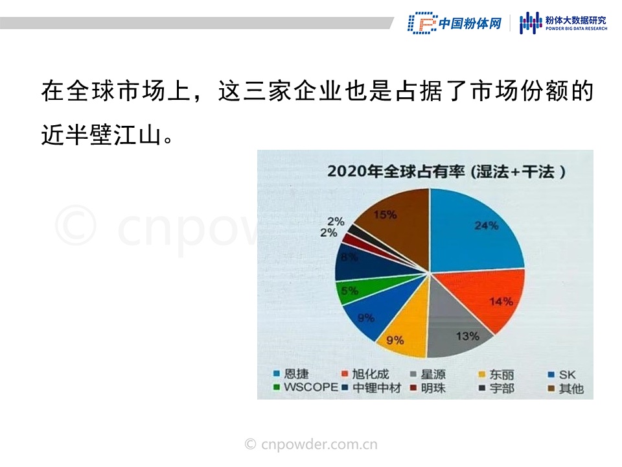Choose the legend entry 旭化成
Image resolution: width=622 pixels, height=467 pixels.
pyautogui.click(x=365, y=374)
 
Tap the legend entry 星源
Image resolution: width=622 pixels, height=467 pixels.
pyautogui.click(x=428, y=374)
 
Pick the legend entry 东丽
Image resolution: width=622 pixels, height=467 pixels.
pyautogui.click(x=497, y=374)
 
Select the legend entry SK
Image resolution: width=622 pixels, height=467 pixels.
pyautogui.click(x=562, y=374)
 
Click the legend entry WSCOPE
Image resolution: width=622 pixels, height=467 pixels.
pyautogui.click(x=306, y=387)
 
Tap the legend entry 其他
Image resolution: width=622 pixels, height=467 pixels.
pyautogui.click(x=566, y=389)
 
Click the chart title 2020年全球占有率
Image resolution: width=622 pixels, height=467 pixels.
pyautogui.click(x=396, y=171)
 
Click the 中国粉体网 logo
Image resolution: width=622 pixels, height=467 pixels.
pyautogui.click(x=455, y=23)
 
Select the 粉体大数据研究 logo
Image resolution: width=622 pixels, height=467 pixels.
pyautogui.click(x=563, y=23)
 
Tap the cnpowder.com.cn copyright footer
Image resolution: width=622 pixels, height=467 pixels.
pyautogui.click(x=311, y=444)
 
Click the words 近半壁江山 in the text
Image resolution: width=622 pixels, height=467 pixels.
pyautogui.click(x=101, y=135)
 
